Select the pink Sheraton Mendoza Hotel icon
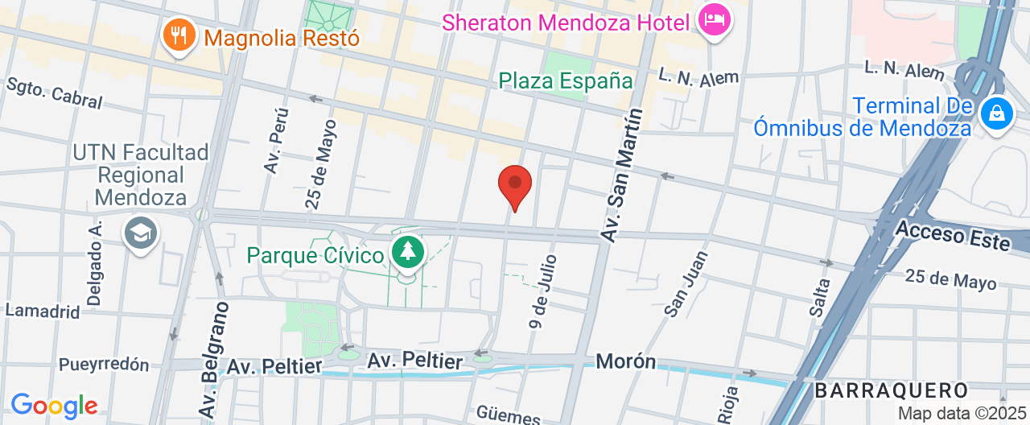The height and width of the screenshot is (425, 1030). pyautogui.click(x=714, y=19)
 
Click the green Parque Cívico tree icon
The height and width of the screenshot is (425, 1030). pyautogui.click(x=409, y=252)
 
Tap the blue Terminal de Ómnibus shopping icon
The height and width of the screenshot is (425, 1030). pyautogui.click(x=996, y=114)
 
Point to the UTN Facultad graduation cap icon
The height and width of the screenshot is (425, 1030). pyautogui.click(x=141, y=233)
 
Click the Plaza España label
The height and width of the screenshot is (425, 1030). pyautogui.click(x=566, y=80)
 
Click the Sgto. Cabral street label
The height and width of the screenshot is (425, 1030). pyautogui.click(x=55, y=93)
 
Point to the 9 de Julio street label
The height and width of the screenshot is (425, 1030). pyautogui.click(x=544, y=291)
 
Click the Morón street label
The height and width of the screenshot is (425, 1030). pyautogui.click(x=626, y=361)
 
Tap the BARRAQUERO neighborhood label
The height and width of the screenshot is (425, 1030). pyautogui.click(x=891, y=391)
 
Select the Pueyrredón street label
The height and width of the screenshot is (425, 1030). pyautogui.click(x=104, y=365)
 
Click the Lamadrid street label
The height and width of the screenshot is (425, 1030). pyautogui.click(x=43, y=311)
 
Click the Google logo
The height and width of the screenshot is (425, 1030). pyautogui.click(x=54, y=405)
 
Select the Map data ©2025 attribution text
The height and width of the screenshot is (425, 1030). pyautogui.click(x=961, y=414)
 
